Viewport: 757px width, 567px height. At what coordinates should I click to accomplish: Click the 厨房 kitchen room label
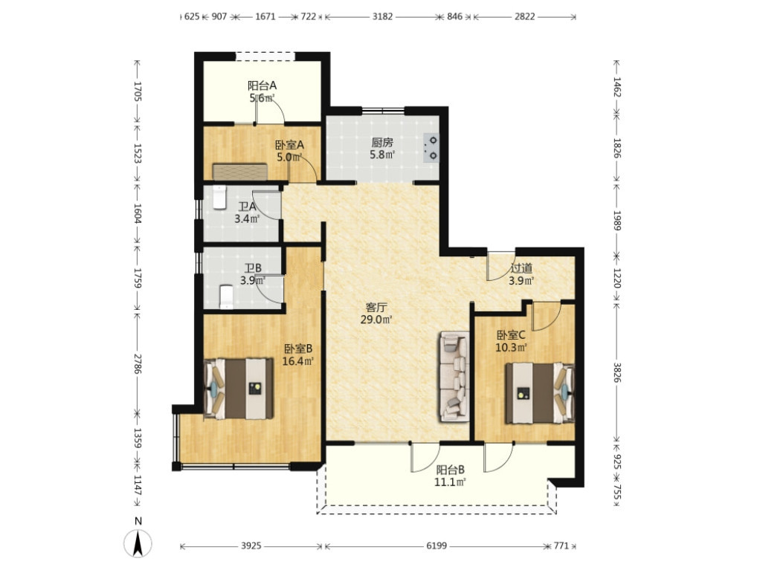point(382,143)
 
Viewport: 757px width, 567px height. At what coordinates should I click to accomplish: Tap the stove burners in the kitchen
point(431,148)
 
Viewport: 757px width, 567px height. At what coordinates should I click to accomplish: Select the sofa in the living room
point(454,377)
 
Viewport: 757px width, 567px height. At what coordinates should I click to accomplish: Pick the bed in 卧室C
point(540,393)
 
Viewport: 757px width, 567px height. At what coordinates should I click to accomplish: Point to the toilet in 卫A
point(219,197)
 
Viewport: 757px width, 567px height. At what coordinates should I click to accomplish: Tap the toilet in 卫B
point(226,297)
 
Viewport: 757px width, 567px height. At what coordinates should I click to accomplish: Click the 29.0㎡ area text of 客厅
point(376,319)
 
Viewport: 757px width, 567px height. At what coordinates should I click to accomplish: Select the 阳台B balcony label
point(451,470)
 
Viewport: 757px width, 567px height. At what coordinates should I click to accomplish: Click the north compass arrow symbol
point(138,543)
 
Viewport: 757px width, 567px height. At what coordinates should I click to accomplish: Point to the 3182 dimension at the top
point(382,16)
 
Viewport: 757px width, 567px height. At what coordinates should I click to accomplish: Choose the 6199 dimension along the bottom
point(437,545)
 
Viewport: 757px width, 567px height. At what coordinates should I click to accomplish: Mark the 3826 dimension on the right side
point(616,372)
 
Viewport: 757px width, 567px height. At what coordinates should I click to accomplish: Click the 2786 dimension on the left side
point(138,363)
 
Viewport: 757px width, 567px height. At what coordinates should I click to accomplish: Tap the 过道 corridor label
point(521,268)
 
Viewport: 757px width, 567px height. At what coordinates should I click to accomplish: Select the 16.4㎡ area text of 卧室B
point(298,360)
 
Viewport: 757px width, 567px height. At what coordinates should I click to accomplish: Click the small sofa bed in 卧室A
point(240,172)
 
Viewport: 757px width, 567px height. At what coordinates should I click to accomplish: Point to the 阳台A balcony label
point(262,86)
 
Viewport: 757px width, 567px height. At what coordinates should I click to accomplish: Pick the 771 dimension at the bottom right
point(561,545)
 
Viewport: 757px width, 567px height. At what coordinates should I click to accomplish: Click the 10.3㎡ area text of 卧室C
point(512,347)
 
